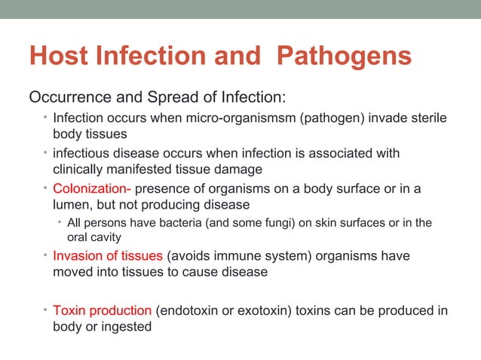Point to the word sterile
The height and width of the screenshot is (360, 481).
(427, 119)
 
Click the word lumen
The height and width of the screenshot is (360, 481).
(72, 204)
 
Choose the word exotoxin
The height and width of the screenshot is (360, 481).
(261, 311)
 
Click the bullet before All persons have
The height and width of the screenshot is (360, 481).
(60, 222)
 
